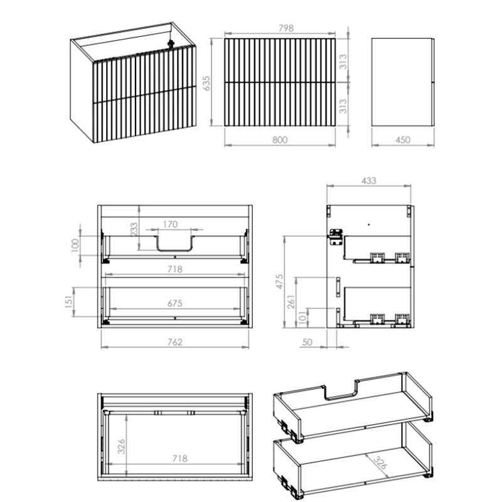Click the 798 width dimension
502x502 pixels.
(x=286, y=28)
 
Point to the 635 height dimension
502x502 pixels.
(x=207, y=83)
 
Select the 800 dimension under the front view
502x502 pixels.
(x=280, y=140)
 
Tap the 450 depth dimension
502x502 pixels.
(x=403, y=140)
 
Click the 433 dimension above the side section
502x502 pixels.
(x=369, y=181)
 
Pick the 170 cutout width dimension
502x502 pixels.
(x=170, y=224)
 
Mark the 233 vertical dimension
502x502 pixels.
(x=134, y=229)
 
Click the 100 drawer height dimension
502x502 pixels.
(x=75, y=245)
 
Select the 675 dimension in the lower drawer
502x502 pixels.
(x=175, y=303)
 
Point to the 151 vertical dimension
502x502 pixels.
(x=69, y=302)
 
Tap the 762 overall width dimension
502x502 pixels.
(x=175, y=342)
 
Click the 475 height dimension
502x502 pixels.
(x=279, y=281)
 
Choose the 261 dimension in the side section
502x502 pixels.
(x=291, y=302)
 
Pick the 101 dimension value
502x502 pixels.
(x=302, y=318)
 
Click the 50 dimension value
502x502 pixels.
(x=307, y=342)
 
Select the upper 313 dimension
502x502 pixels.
(x=343, y=61)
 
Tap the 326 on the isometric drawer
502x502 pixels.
(x=380, y=462)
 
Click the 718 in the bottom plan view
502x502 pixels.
(x=180, y=459)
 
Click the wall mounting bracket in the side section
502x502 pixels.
(x=336, y=237)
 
